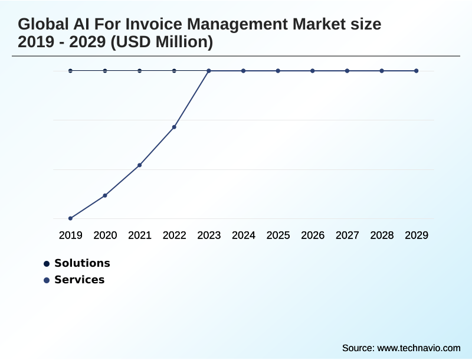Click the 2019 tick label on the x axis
point(70,235)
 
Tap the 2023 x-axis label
point(209,235)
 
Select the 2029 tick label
point(417,235)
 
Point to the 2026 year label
point(313,235)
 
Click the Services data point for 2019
point(70,218)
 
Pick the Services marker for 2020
point(105,195)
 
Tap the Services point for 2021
point(140,165)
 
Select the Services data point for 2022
point(174,127)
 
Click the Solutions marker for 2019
point(70,71)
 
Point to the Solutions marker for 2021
point(140,71)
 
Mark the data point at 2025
point(278,71)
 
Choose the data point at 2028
point(382,71)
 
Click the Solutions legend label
point(82,263)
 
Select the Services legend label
point(79,280)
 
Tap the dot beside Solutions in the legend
point(47,264)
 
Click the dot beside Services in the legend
point(47,280)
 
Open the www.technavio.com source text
point(418,348)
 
